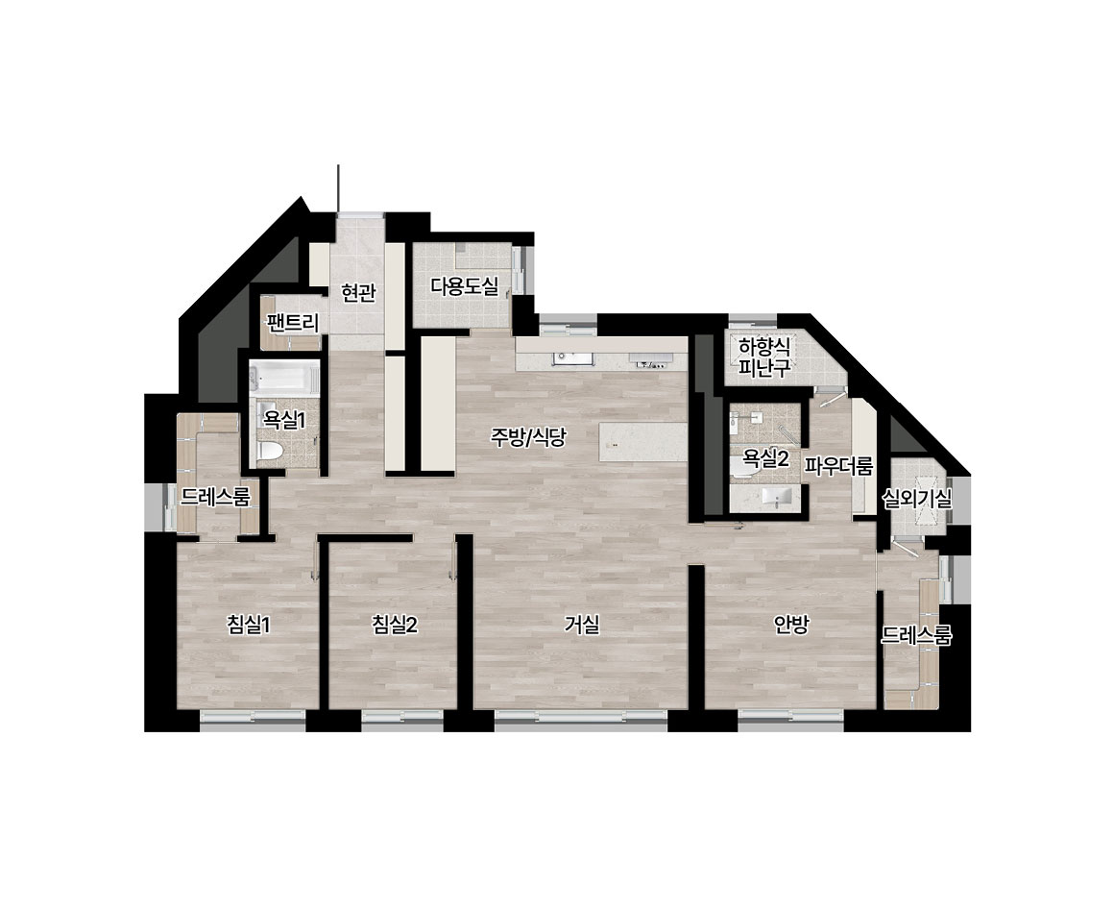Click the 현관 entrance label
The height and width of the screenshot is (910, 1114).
(358, 292)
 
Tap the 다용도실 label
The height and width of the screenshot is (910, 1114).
(465, 286)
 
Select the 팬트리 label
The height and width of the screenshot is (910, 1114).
(292, 324)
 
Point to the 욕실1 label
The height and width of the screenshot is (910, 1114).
(284, 420)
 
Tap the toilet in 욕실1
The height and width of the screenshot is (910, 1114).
(271, 451)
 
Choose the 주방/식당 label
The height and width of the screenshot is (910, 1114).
(528, 436)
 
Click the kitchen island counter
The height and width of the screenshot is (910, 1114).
(643, 441)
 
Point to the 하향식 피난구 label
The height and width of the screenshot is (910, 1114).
(764, 357)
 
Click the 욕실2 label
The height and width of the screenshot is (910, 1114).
(766, 458)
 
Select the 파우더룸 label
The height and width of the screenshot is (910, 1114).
(838, 466)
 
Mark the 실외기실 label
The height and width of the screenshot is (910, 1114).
(916, 499)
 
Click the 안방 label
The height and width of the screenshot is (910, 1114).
(791, 625)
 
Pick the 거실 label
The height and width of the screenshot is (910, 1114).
(582, 625)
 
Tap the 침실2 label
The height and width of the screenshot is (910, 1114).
(395, 625)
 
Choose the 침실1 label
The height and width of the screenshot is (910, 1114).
(249, 625)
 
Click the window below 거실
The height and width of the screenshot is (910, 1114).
(581, 720)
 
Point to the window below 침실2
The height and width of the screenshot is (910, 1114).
(402, 720)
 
